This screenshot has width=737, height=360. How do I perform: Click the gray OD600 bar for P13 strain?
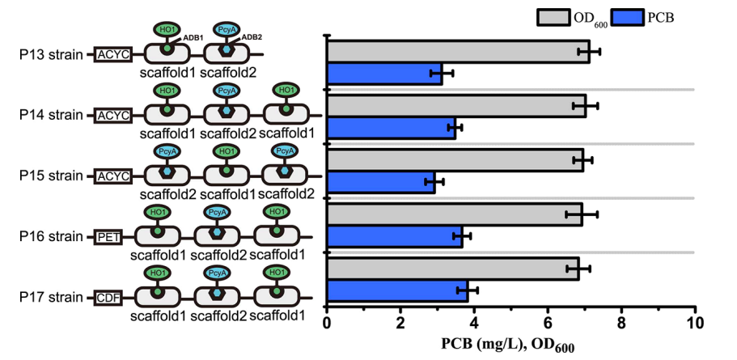click(457, 51)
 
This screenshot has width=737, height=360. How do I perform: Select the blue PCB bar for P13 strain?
click(383, 73)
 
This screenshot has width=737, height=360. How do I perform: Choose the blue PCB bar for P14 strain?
click(391, 127)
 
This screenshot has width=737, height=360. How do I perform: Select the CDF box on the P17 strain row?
click(108, 295)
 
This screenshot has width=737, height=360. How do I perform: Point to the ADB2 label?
click(256, 37)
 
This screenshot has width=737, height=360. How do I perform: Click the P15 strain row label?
click(51, 176)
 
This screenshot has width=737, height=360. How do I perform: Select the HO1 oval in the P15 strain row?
click(226, 151)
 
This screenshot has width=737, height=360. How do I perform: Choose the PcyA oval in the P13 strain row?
click(227, 29)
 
